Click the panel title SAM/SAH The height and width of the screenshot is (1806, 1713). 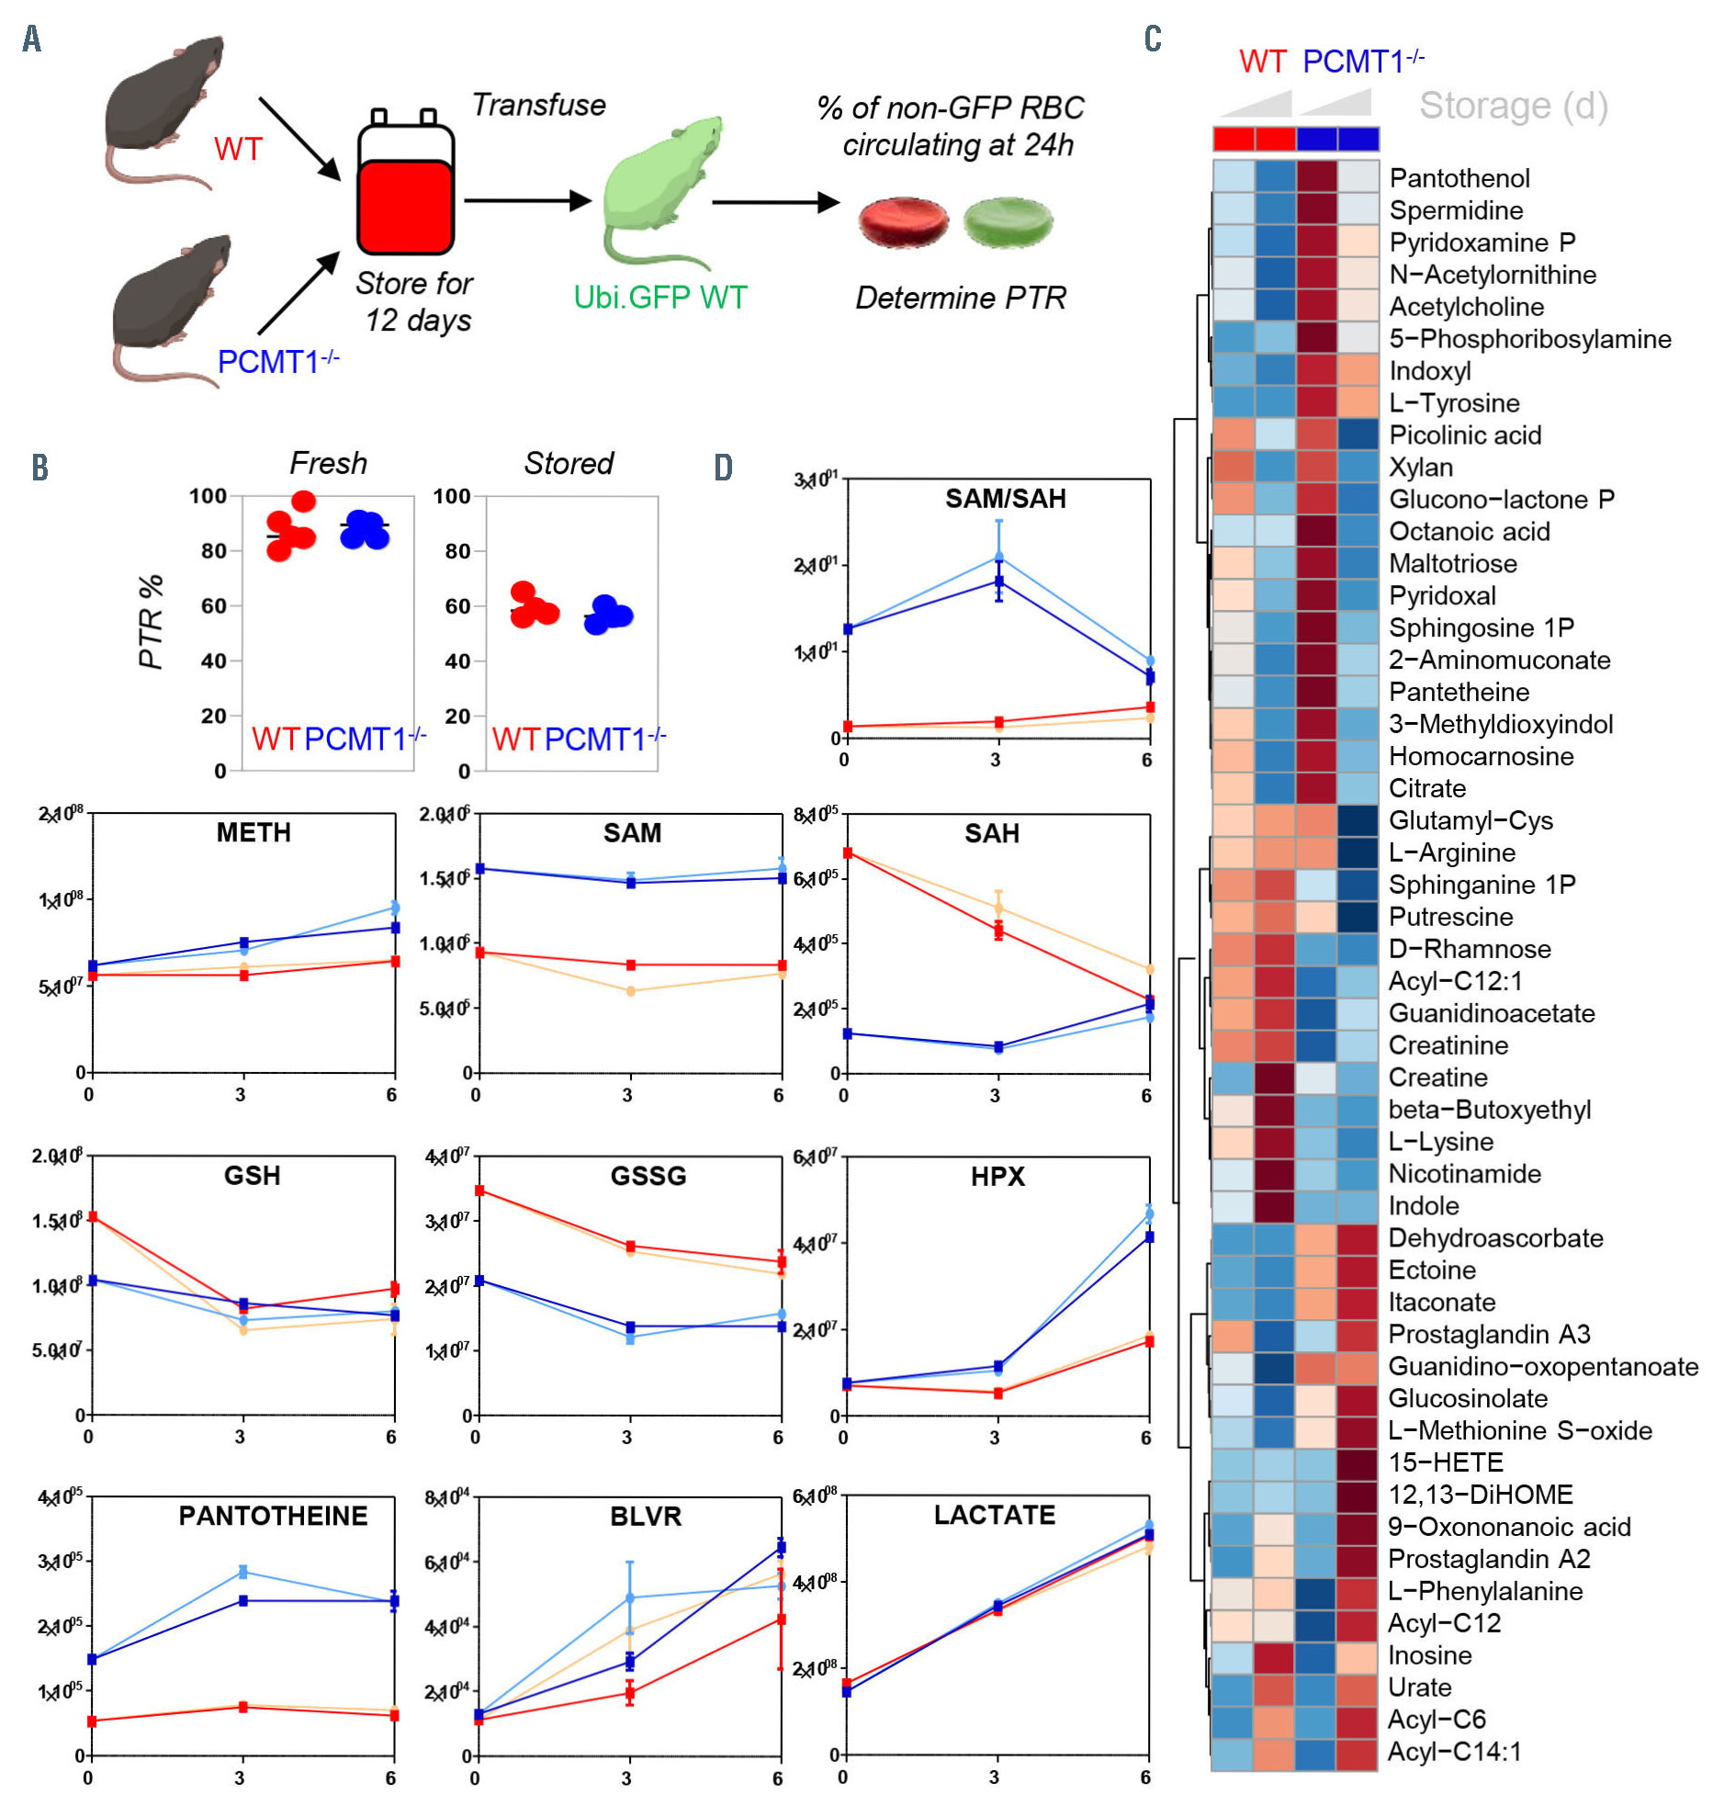1005,499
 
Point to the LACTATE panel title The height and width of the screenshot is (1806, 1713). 994,1515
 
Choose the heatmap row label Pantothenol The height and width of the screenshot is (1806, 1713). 1459,178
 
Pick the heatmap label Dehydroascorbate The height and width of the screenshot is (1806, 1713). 1494,1238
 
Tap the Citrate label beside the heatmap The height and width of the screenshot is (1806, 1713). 1426,788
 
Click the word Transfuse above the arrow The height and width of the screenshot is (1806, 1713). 538,106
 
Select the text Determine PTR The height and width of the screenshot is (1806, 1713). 960,298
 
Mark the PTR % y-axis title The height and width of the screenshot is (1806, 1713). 151,622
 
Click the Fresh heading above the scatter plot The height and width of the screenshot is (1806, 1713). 328,463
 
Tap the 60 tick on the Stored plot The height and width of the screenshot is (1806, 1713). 456,606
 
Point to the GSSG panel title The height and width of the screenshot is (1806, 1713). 648,1176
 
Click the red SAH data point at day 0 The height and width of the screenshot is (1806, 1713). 848,853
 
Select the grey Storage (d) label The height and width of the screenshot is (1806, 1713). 1513,106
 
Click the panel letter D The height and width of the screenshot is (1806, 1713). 723,468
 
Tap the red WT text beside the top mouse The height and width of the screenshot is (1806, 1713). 238,149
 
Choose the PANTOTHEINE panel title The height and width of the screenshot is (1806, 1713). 273,1516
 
